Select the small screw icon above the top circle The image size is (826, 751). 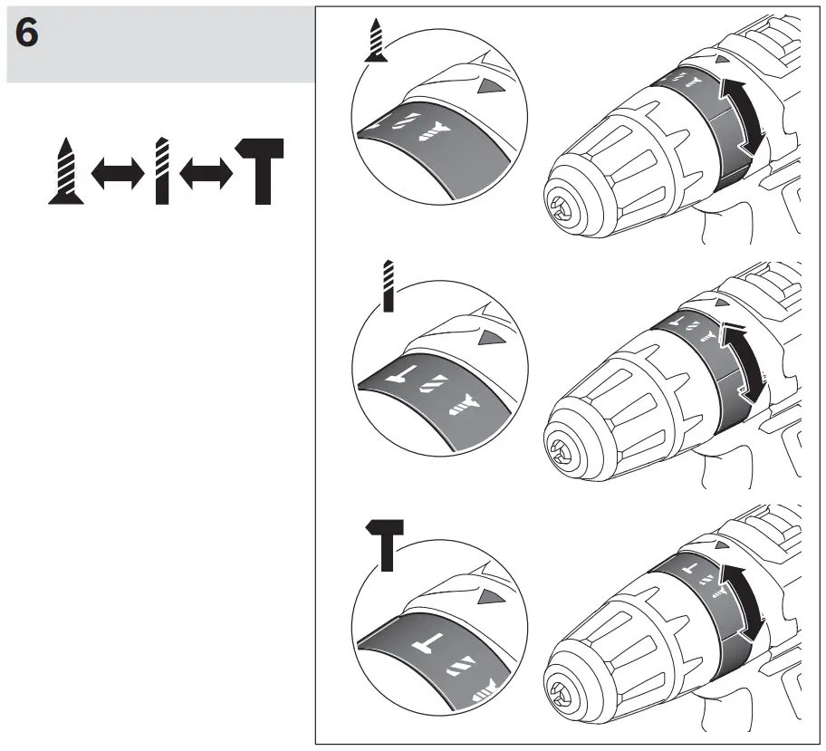377,43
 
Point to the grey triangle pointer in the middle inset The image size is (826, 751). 490,338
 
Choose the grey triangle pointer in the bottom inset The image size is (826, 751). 490,597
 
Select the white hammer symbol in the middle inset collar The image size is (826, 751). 399,373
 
